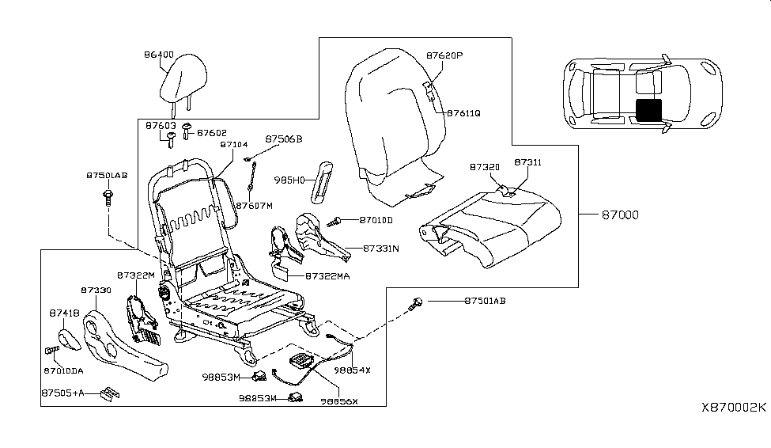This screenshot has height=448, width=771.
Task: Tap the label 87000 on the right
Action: pos(621,215)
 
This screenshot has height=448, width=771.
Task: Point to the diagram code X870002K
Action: pos(733,407)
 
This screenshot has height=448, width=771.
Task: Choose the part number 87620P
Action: pos(444,56)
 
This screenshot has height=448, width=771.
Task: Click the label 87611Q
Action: pos(463,113)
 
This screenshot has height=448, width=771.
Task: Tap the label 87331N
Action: pos(381,248)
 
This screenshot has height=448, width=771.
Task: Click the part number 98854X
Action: pos(352,370)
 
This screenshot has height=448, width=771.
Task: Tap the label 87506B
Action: pos(284,139)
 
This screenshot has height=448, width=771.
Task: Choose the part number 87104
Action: pos(234,145)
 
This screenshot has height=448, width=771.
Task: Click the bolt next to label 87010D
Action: pos(338,219)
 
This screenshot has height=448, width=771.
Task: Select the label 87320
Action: pos(484,168)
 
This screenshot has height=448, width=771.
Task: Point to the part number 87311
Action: pos(528,161)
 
